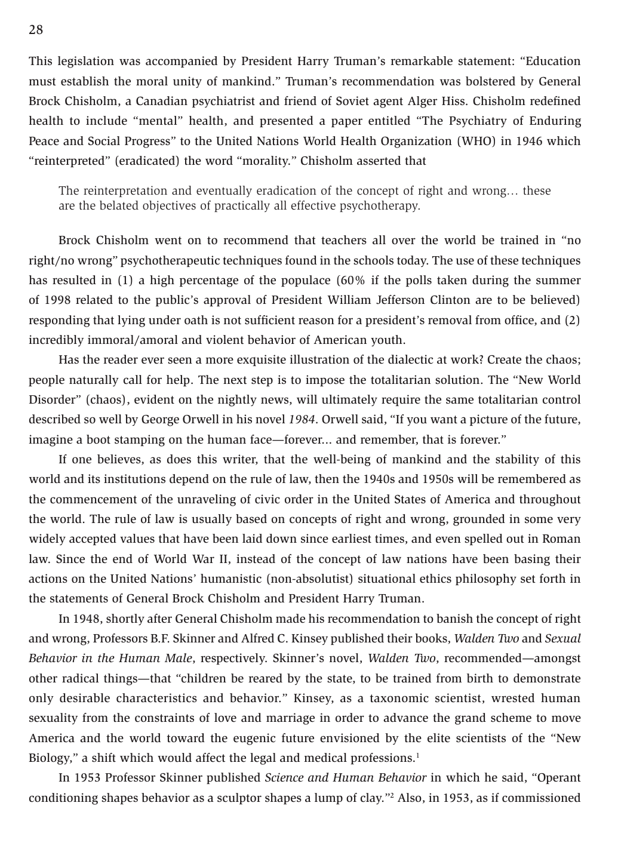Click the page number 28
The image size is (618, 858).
point(36,30)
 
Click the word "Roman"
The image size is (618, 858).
point(561,539)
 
